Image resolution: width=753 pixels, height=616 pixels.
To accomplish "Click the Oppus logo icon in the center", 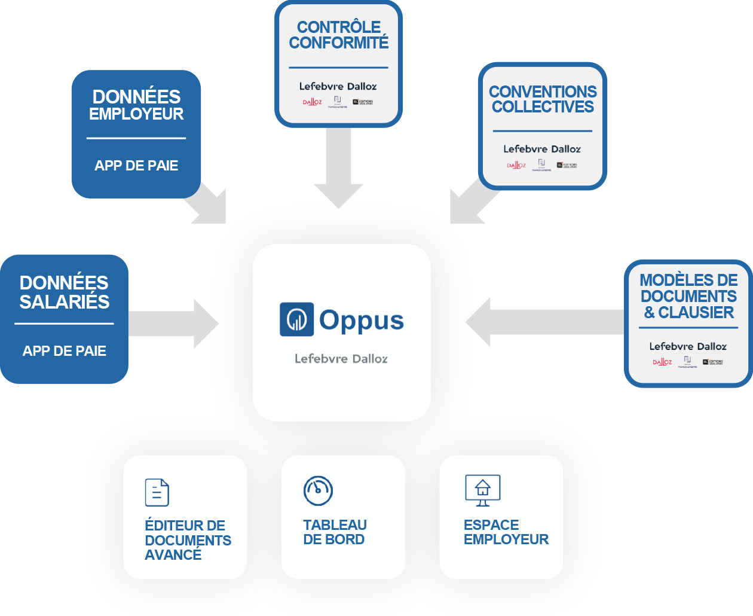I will point(296,319).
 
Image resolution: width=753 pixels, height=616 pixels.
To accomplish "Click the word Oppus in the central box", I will point(362,321).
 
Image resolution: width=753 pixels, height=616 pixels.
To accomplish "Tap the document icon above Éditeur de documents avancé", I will point(157,492).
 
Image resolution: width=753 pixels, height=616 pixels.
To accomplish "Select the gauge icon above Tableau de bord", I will point(318,491).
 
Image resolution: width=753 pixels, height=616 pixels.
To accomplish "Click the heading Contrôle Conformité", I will point(338,35).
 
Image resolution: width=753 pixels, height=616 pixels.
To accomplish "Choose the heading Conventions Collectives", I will point(543,99).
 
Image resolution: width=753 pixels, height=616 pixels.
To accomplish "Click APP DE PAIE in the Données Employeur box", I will point(136,166).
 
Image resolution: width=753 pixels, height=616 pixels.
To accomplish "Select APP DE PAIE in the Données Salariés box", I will point(65,351).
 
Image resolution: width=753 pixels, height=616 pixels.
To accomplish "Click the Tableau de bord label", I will point(335,532).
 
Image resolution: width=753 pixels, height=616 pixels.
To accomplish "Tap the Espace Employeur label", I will point(506,532).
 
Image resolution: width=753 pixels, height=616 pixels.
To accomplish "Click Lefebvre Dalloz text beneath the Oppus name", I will point(341,359).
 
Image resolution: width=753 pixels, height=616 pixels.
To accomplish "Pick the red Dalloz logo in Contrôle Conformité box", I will point(312,102).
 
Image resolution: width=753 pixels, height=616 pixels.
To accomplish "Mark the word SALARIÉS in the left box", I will point(65,302).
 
